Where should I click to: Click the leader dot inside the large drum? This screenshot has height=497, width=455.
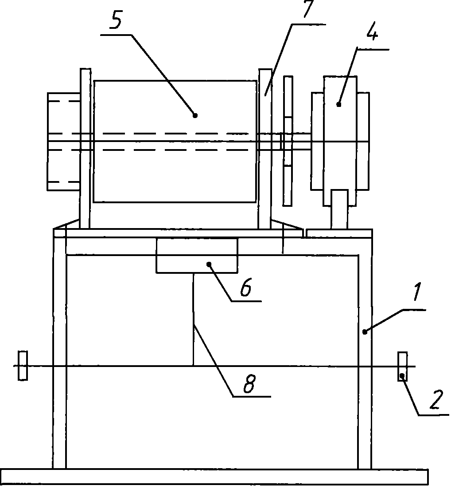tap(195, 114)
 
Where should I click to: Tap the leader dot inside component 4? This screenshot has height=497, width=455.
tap(339, 105)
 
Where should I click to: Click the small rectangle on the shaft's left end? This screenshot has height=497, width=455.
tap(23, 366)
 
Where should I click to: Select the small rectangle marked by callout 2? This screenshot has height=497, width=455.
tap(402, 367)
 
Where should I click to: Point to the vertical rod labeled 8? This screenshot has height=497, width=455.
tap(194, 319)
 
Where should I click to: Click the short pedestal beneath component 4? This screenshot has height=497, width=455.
tap(339, 209)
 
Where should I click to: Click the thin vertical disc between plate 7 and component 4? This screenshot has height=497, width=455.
tap(288, 141)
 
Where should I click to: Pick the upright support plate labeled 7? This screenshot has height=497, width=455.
tap(265, 149)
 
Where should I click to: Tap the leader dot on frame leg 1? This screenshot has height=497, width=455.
tap(365, 331)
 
